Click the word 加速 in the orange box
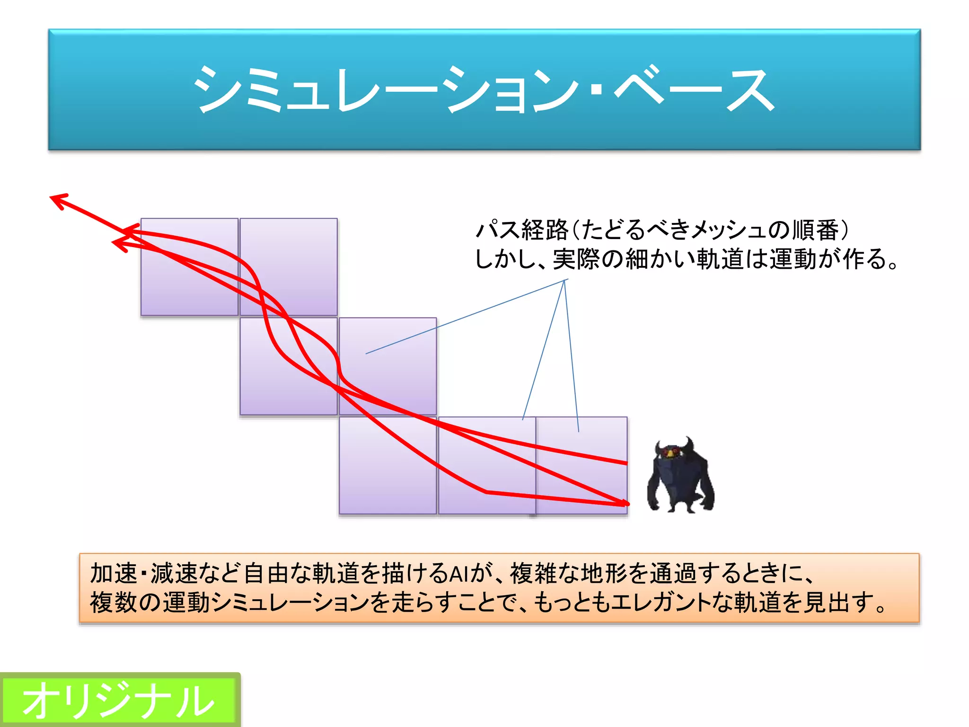113,574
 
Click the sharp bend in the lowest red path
486,492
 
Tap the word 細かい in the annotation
660,259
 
